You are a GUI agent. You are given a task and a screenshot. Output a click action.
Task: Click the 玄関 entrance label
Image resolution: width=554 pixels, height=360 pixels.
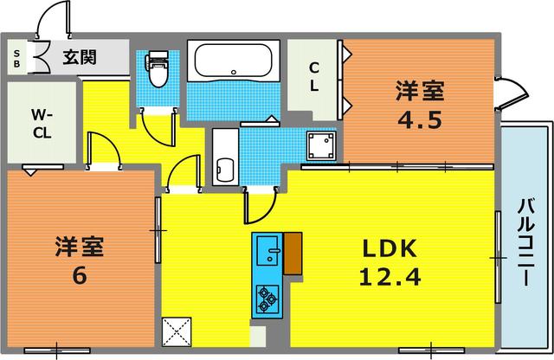[x=79, y=58]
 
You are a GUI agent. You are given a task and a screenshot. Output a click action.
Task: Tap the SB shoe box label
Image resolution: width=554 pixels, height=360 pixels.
[x=17, y=59]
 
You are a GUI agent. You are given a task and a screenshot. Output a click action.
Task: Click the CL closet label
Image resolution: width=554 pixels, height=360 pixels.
[x=314, y=75]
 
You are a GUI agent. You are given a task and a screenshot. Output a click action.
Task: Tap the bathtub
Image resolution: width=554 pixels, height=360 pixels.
[x=233, y=61]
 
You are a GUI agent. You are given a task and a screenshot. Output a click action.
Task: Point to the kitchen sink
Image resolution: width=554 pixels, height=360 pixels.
[x=267, y=251]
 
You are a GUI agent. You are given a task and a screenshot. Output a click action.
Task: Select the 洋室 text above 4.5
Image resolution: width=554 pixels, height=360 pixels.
[x=422, y=89]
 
